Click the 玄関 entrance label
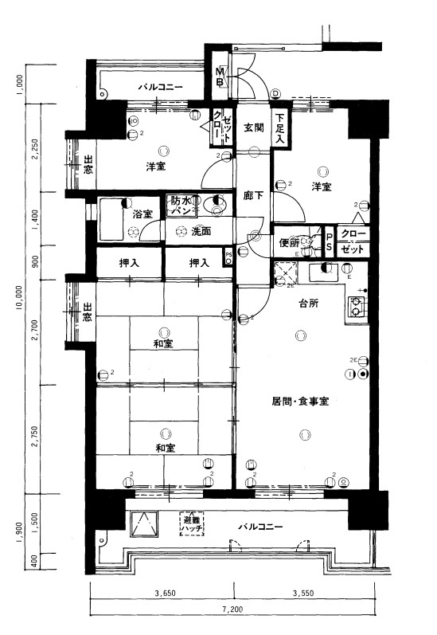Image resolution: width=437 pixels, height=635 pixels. (254, 127)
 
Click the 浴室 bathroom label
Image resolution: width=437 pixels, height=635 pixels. (142, 214)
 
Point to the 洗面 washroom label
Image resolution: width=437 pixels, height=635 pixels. (201, 231)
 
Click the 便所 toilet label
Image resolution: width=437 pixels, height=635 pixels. (288, 243)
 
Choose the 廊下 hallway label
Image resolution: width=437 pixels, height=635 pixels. (254, 194)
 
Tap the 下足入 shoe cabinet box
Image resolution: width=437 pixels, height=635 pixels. (280, 127)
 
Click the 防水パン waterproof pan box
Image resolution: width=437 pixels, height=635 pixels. (182, 206)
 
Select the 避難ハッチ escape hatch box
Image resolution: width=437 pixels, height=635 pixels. (192, 523)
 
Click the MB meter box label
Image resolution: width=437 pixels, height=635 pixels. (220, 78)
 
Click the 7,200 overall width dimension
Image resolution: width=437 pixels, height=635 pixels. (232, 610)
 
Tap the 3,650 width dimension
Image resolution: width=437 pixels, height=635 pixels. (165, 592)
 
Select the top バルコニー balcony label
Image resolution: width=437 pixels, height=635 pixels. (161, 87)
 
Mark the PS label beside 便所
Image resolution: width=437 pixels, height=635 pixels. (329, 242)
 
